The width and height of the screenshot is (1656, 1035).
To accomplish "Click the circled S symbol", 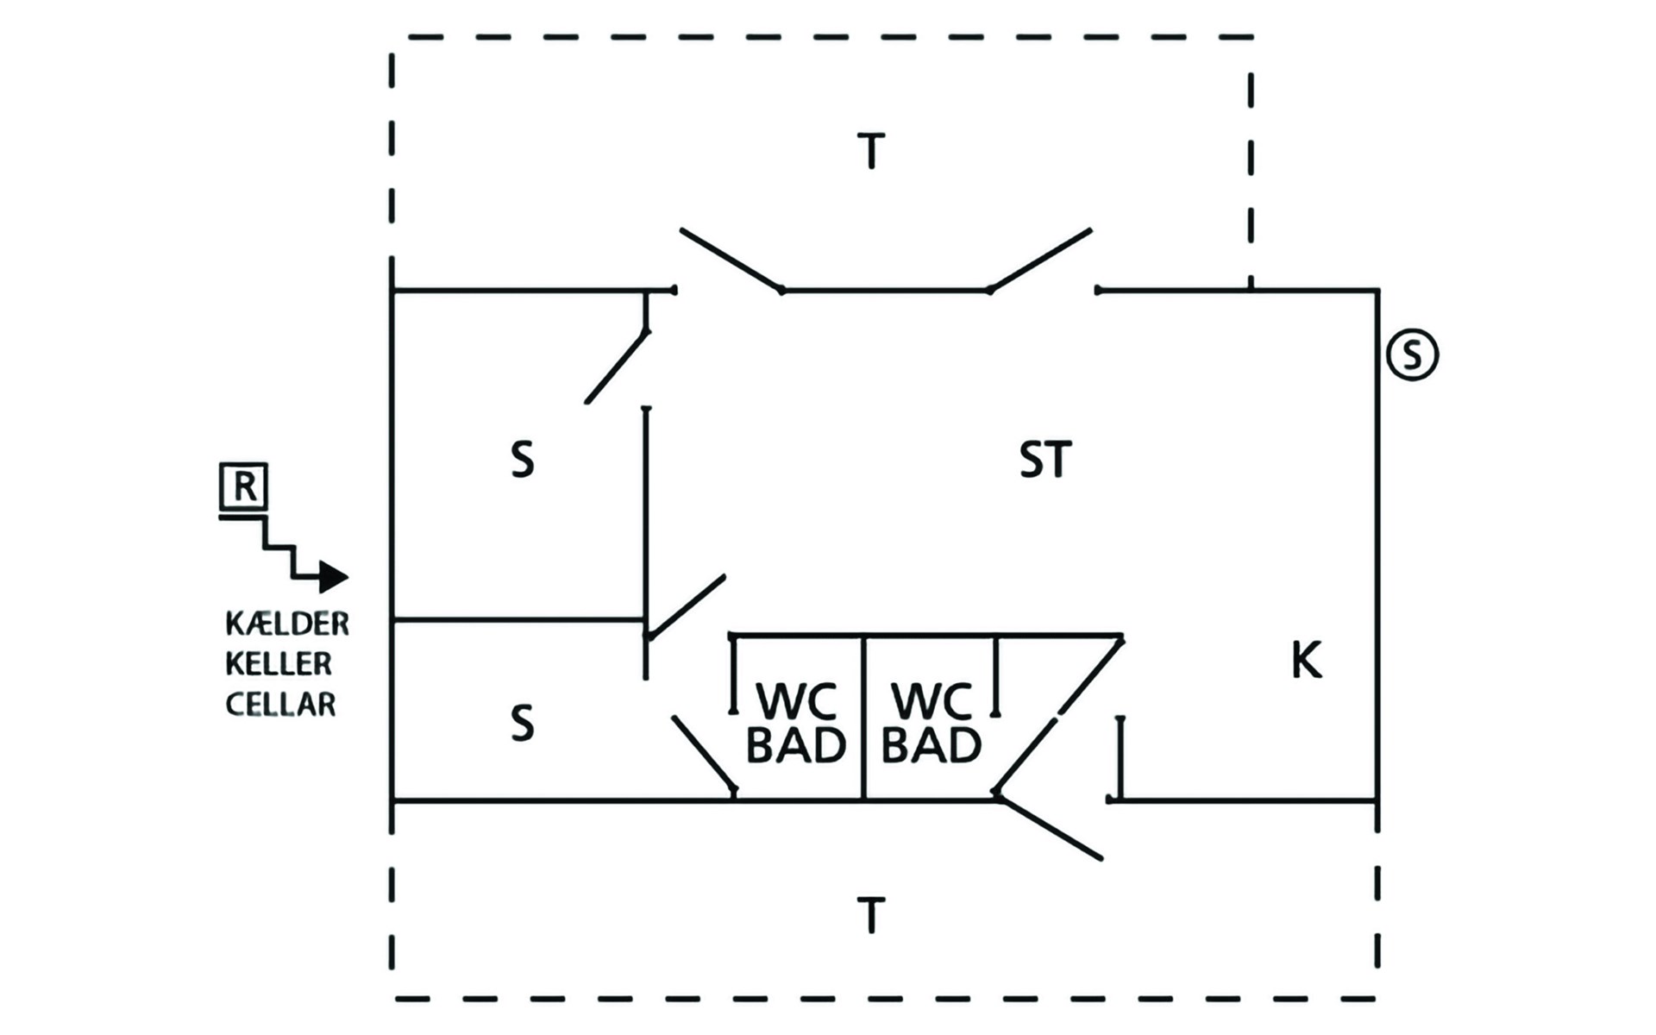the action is pos(1412,354).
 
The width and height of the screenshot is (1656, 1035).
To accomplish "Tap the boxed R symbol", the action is pos(244,486).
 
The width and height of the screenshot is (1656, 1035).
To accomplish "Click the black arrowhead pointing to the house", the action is pos(334,576).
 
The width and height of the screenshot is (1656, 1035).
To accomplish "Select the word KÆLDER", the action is pos(287,623).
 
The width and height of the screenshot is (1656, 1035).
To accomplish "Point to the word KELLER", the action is pos(279,663).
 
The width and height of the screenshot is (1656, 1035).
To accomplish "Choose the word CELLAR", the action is pos(280,704).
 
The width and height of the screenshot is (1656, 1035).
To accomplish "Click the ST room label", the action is pos(1045,460).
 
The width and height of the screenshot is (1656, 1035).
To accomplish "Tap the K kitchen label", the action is pos(1306,661).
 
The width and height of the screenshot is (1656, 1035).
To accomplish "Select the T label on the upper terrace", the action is pos(871,151).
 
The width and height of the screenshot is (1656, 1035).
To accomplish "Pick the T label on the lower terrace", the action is pos(871,915).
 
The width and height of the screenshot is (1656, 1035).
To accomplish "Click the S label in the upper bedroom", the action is pos(522,460).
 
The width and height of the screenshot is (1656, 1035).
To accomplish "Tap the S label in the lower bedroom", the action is pos(522,723).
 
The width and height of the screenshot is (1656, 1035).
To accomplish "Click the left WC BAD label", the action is pos(795,724).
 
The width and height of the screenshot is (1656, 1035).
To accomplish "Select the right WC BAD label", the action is pos(931,724).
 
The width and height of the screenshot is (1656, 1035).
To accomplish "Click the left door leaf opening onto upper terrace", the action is pos(731,260).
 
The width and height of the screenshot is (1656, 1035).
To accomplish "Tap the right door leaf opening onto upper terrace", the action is pos(1040,260).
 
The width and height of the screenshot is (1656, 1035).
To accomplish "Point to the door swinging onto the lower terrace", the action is pos(1048,825).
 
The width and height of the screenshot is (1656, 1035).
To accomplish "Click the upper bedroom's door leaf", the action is pos(617,367).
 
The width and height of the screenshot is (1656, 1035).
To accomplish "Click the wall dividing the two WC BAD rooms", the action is pos(863,718).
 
